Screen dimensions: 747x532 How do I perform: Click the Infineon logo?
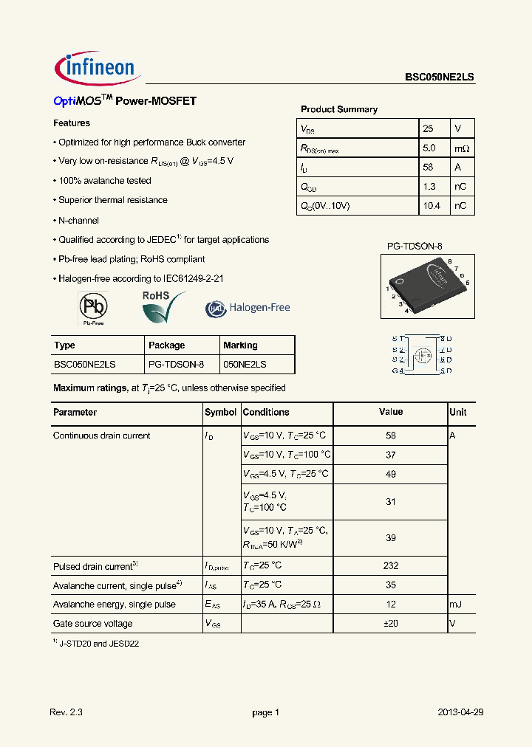click(x=95, y=67)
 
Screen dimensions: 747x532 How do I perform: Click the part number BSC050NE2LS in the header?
click(x=439, y=76)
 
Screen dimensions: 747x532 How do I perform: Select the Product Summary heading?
click(x=338, y=109)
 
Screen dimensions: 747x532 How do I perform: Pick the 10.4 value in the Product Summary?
click(x=432, y=206)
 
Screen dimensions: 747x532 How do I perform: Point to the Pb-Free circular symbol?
click(x=92, y=306)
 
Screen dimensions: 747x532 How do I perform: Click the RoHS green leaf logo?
click(x=163, y=307)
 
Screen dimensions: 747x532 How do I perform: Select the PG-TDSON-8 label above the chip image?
click(x=415, y=247)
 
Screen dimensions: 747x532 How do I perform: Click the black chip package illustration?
click(x=428, y=284)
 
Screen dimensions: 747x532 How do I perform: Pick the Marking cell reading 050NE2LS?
click(x=245, y=365)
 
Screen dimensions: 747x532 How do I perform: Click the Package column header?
click(x=166, y=345)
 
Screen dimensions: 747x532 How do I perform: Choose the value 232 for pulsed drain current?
click(x=391, y=565)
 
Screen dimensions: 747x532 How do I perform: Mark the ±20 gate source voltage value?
click(x=391, y=623)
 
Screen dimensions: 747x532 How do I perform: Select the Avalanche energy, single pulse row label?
click(x=115, y=604)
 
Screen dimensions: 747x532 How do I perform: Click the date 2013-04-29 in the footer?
click(x=460, y=712)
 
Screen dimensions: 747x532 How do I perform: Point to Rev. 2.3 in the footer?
click(x=66, y=712)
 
